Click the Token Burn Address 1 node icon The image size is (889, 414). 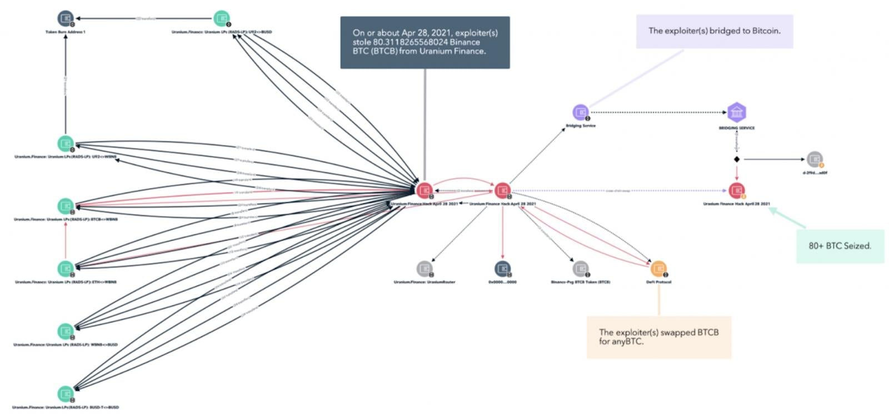(66, 18)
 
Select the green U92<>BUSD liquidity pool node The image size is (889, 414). (222, 18)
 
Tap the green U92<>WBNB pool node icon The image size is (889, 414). (66, 144)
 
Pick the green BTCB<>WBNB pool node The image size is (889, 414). (66, 206)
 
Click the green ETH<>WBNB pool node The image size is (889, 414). (66, 268)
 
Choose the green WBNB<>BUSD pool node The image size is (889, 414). (66, 331)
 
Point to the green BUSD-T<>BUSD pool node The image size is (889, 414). (66, 394)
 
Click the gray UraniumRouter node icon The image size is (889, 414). (424, 269)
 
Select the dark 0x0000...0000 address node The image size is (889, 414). (502, 269)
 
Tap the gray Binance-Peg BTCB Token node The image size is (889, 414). (581, 269)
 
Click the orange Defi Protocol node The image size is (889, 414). (658, 269)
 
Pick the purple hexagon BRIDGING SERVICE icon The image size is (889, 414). (736, 112)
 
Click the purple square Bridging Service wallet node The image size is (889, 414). (581, 112)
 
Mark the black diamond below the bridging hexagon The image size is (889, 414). (737, 159)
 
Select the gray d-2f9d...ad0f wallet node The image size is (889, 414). (815, 159)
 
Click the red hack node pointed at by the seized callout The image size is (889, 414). (737, 190)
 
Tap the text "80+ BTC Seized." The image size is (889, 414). (840, 246)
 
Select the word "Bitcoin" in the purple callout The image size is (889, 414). (766, 31)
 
